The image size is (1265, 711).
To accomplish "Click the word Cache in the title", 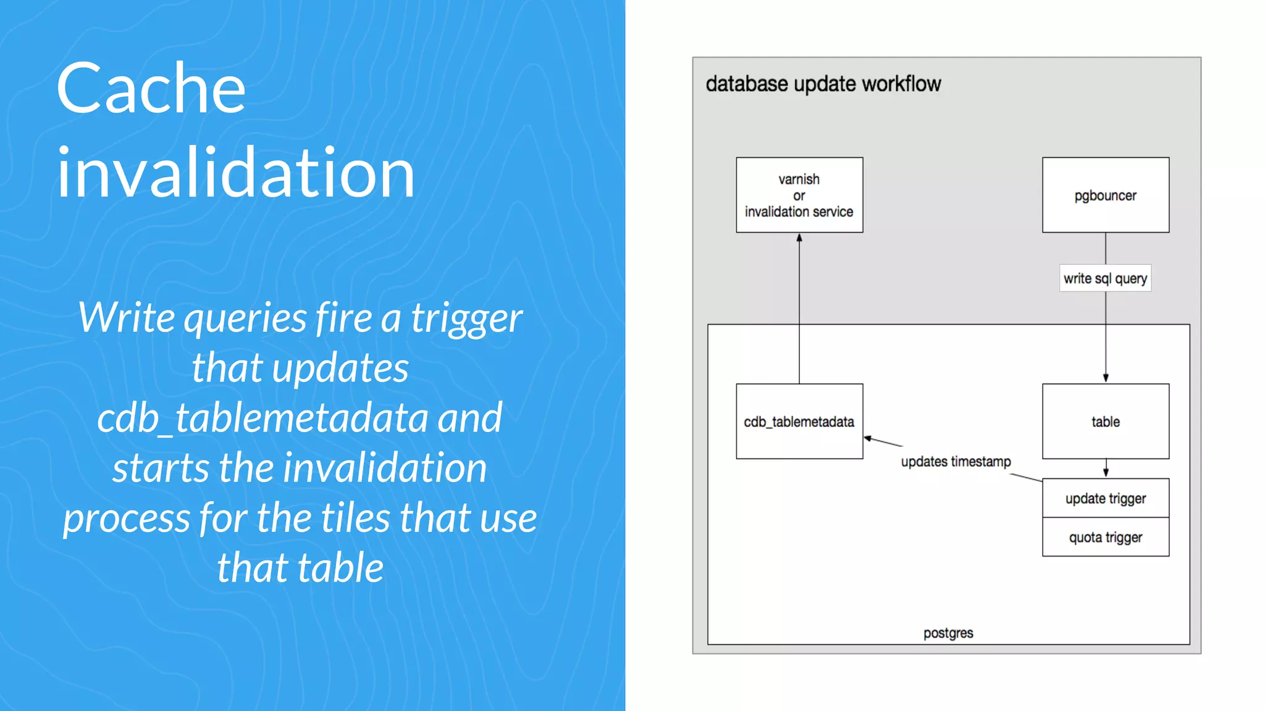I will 151,89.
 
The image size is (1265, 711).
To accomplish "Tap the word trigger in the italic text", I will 466,318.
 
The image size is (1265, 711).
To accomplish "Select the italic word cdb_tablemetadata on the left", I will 263,418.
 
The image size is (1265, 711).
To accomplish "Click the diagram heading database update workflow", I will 823,84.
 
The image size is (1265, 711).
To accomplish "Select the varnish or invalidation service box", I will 799,195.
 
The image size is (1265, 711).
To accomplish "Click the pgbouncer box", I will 1105,195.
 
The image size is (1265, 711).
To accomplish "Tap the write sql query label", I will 1105,278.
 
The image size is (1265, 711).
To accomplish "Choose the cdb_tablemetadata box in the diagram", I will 799,422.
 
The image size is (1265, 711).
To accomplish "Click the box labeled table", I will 1105,422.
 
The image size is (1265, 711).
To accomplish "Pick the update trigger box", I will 1105,498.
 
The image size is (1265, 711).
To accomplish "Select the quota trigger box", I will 1105,537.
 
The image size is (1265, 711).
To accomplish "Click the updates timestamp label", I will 956,462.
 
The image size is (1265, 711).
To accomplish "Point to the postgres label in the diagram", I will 948,633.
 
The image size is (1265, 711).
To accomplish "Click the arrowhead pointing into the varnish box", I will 799,238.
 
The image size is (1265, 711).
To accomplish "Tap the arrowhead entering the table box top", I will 1106,378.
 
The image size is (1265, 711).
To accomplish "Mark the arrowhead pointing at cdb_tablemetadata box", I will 868,438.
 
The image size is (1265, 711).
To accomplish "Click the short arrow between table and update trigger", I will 1106,468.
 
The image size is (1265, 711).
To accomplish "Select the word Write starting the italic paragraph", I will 127,318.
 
